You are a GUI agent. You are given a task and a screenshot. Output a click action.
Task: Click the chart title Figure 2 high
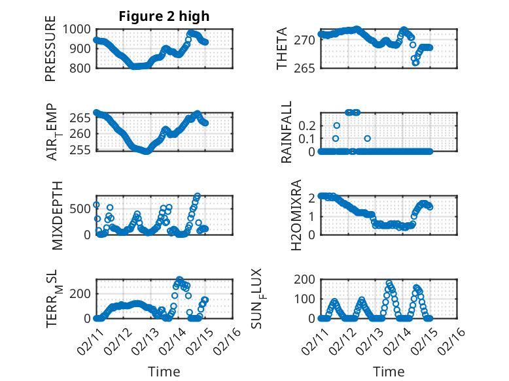coord(164,16)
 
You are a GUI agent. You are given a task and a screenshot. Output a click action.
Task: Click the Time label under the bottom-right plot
coord(389,372)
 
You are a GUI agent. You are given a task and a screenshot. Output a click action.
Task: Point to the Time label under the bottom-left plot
coord(164,372)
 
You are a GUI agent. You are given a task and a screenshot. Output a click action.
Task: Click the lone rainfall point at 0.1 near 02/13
coord(368,139)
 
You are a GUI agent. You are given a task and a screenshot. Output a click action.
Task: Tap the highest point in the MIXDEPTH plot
coord(198,196)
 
